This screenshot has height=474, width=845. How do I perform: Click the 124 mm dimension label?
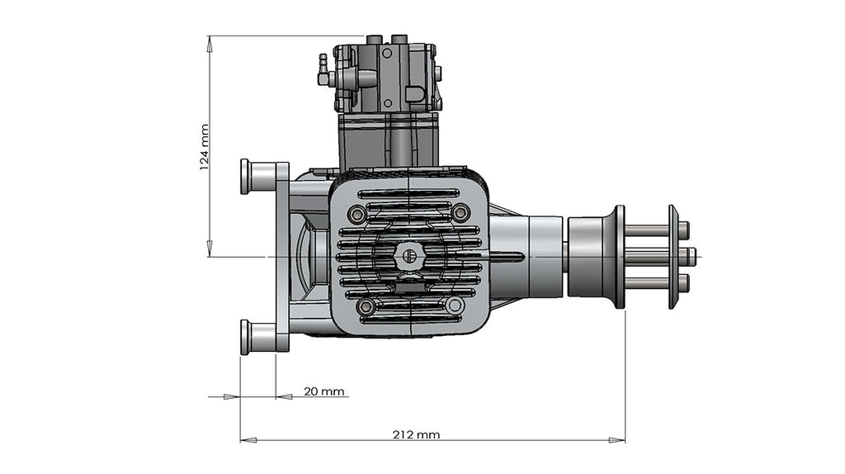tap(204, 147)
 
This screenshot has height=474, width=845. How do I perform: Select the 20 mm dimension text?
tap(323, 391)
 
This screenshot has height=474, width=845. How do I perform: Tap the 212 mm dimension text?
tap(417, 434)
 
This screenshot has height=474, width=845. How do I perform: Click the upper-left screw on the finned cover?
tap(357, 215)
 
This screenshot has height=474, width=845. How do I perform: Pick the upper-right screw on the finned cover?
tap(461, 213)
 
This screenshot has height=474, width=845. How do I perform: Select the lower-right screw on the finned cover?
tap(455, 306)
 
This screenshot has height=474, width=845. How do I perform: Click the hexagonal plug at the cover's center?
tap(407, 256)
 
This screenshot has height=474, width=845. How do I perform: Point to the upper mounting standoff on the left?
tap(257, 177)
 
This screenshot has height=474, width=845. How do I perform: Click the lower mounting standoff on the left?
tap(257, 337)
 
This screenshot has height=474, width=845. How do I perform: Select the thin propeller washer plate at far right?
tap(673, 257)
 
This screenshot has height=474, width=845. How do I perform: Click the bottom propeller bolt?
tap(652, 282)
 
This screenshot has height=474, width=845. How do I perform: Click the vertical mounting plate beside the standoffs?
tap(281, 256)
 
